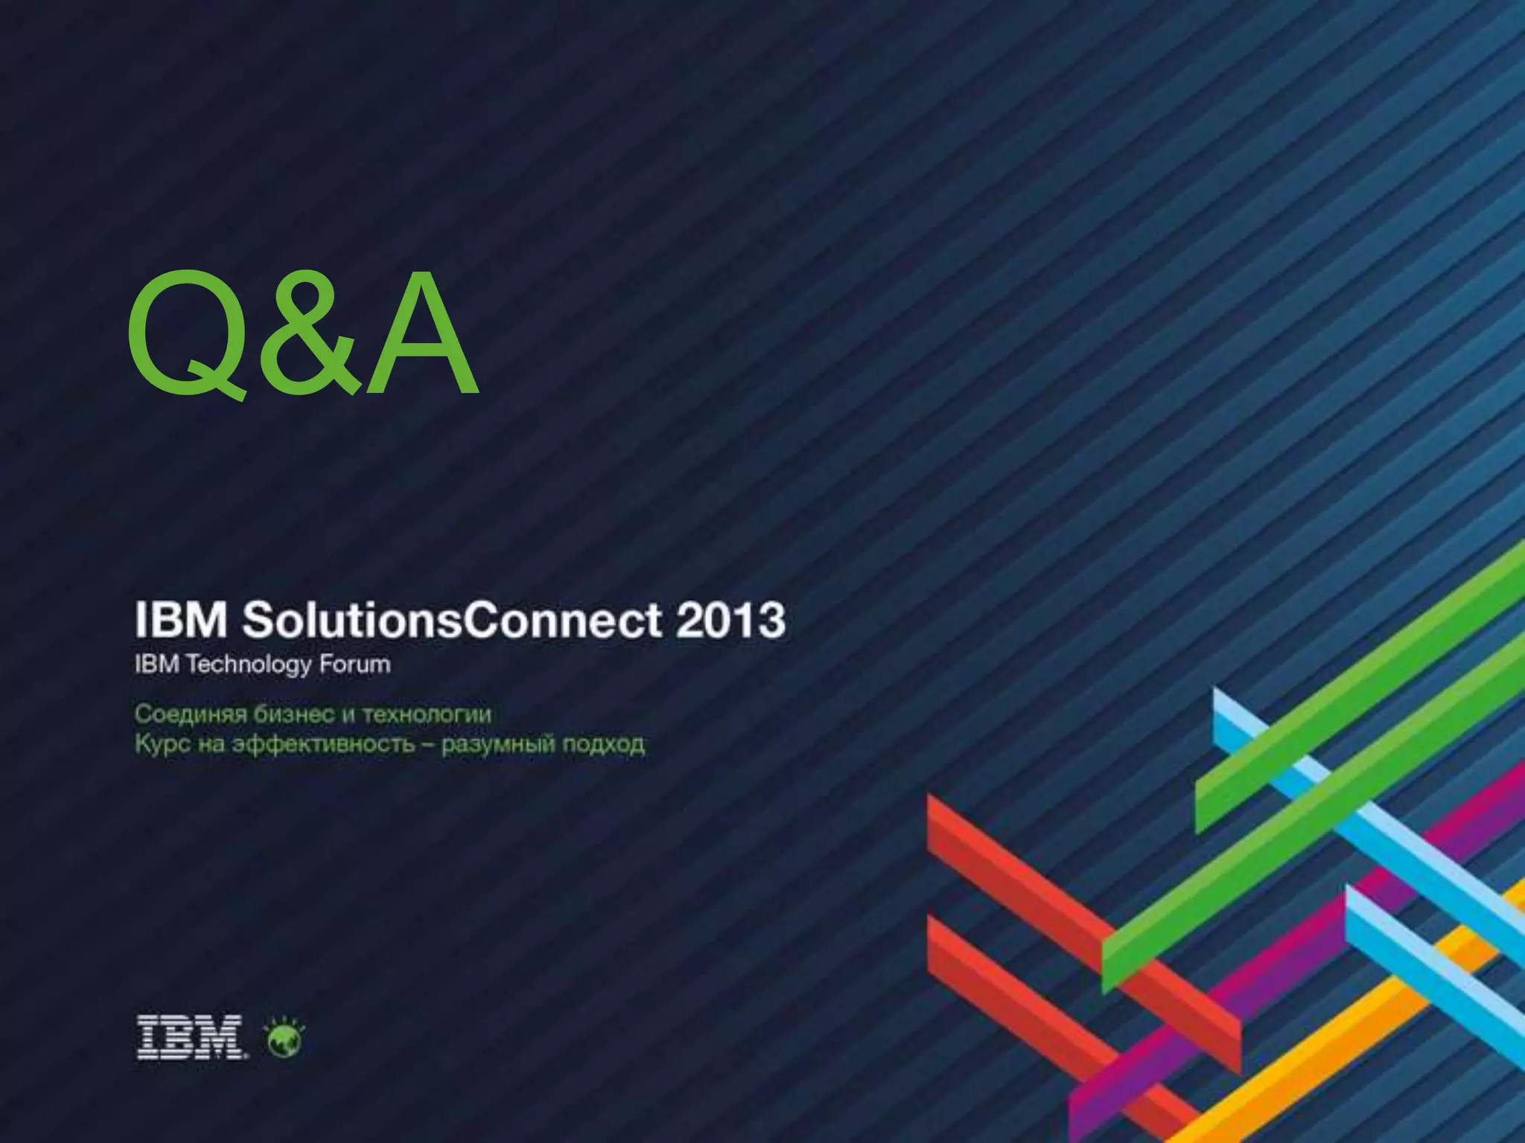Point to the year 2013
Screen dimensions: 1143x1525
[730, 620]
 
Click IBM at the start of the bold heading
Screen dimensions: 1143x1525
[181, 620]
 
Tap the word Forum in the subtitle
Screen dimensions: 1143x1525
[354, 664]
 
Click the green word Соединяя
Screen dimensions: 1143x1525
[191, 714]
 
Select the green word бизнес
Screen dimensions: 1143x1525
[293, 714]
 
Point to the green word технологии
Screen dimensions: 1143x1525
[427, 714]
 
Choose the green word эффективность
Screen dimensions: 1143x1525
[323, 744]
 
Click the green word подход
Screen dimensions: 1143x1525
[603, 744]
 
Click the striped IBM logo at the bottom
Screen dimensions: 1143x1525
[190, 1037]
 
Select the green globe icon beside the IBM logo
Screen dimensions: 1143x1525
[285, 1038]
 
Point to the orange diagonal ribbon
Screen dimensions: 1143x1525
[1340, 1042]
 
